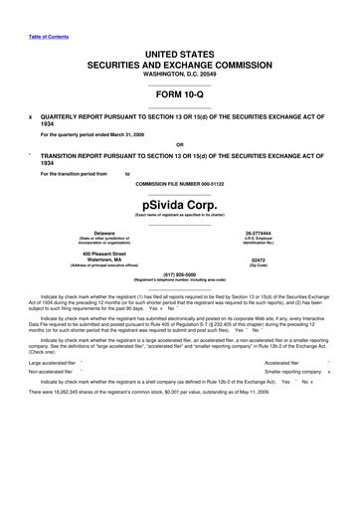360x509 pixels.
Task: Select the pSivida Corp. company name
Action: pyautogui.click(x=179, y=199)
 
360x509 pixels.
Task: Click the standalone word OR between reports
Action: pyautogui.click(x=179, y=142)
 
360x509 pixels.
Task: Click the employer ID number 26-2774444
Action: pyautogui.click(x=286, y=233)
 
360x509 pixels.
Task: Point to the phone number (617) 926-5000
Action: pyautogui.click(x=179, y=274)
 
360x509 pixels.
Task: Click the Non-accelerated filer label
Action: pyautogui.click(x=53, y=372)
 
